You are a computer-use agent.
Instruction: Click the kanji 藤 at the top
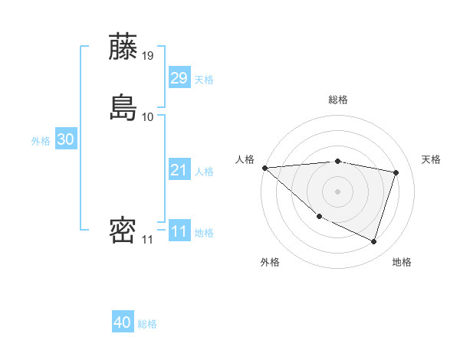123,47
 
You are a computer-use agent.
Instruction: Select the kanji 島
123,107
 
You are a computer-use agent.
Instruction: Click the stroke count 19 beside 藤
148,56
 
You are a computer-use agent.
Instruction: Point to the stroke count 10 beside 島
148,117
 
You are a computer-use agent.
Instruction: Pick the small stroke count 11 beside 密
147,240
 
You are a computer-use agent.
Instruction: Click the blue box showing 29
179,78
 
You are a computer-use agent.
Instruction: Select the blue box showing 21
179,170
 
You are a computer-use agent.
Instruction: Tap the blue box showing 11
179,231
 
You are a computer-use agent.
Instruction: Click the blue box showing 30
65,139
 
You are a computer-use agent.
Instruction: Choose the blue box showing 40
123,323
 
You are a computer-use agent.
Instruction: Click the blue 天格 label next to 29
204,80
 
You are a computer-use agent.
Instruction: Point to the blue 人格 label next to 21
204,172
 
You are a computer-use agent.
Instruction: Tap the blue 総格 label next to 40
147,325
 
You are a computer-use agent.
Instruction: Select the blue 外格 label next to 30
41,141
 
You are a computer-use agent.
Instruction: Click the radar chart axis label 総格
338,100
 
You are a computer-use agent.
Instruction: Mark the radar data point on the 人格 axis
264,168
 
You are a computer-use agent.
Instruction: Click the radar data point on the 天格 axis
396,172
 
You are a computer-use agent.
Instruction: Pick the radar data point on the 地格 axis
373,241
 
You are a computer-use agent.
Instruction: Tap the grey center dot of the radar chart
338,191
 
